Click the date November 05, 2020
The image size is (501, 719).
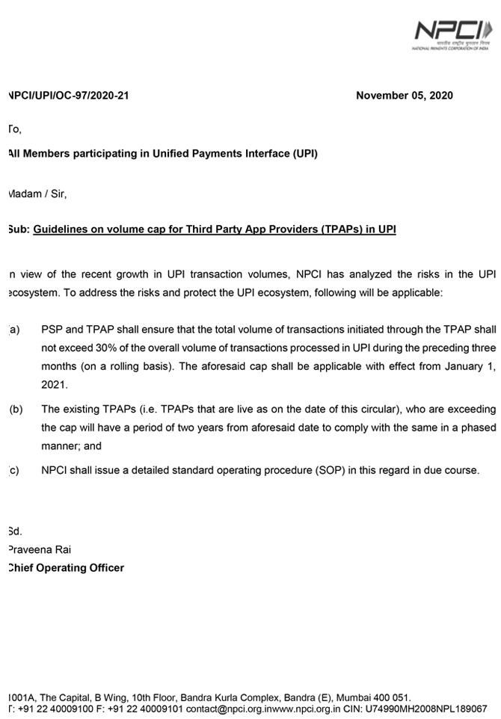point(404,96)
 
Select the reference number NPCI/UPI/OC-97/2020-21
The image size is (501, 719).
point(67,96)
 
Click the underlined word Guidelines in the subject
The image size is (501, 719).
point(63,229)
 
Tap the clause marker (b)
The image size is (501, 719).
point(16,409)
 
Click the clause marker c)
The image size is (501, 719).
point(13,470)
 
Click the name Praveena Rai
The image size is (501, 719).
point(38,549)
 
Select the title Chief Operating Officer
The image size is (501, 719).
point(66,567)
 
